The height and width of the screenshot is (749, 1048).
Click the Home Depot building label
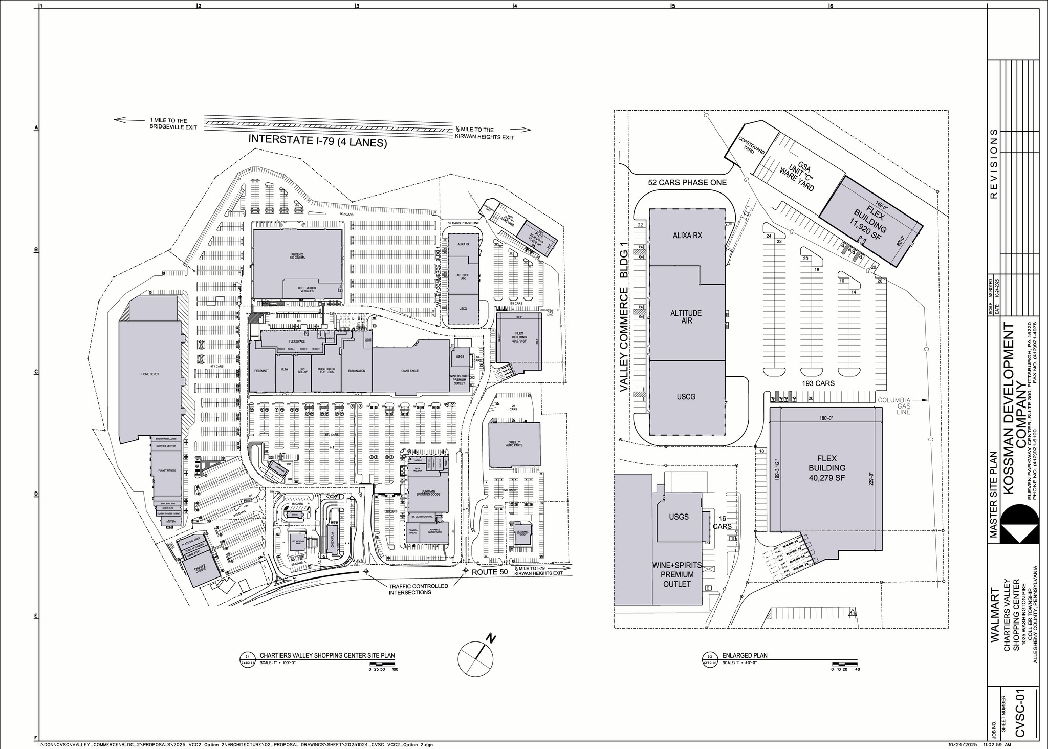coord(150,374)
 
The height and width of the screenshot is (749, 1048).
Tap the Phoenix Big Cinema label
coord(297,256)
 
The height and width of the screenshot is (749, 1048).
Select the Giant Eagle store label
coord(410,371)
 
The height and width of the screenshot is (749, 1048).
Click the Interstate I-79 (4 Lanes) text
coord(317,141)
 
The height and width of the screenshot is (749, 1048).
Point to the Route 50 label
coord(489,572)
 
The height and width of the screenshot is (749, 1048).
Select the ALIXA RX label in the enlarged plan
coord(687,236)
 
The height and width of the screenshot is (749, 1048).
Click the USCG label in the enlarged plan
coord(686,397)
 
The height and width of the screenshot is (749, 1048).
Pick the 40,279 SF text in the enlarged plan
coord(826,478)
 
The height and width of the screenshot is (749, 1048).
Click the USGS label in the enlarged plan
coord(679,517)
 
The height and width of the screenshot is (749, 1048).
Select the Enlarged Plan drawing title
coord(745,655)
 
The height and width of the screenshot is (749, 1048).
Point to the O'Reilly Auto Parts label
coord(514,444)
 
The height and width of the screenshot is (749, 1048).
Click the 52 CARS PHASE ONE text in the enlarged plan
coord(687,182)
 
